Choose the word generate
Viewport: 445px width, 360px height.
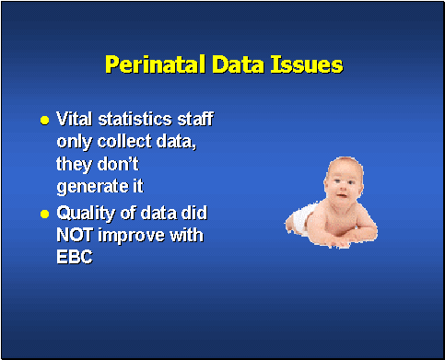[x=91, y=188]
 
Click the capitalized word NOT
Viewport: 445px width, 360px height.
[x=76, y=236]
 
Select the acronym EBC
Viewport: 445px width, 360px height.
[x=76, y=259]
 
